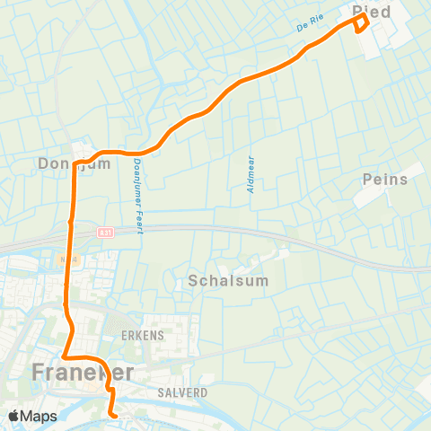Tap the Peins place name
coord(385,180)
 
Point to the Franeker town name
coord(84,372)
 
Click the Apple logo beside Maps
coord(14,416)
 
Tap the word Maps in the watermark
coord(40,416)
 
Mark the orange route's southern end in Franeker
coord(114,415)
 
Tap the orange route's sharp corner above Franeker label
coord(63,356)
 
